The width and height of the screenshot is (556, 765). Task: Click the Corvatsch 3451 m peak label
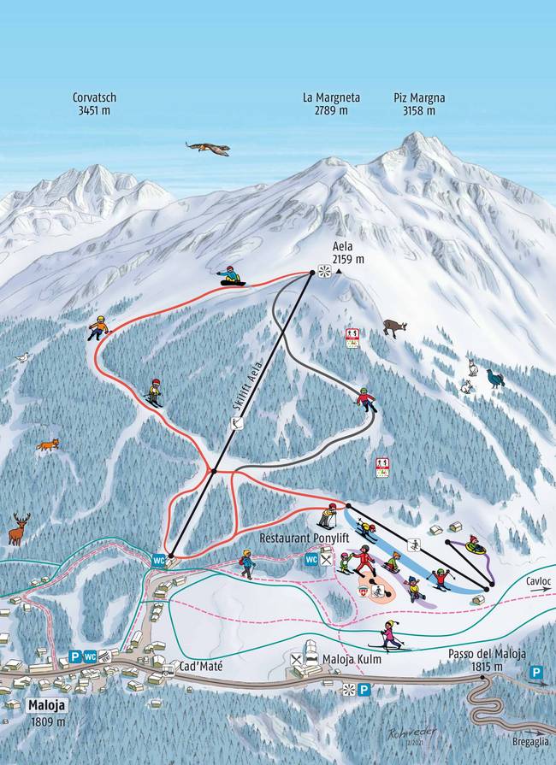[95, 104]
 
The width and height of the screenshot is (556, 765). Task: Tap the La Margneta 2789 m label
[331, 104]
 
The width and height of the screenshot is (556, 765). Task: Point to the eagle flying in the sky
[208, 149]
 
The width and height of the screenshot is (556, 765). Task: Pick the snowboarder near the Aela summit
[230, 276]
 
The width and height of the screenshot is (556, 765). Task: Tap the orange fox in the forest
[48, 444]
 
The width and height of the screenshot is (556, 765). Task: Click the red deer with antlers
[19, 529]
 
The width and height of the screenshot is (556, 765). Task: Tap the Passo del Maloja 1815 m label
[487, 660]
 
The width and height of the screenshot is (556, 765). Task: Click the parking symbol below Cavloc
[536, 674]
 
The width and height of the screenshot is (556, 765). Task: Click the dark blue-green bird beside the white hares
[494, 378]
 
